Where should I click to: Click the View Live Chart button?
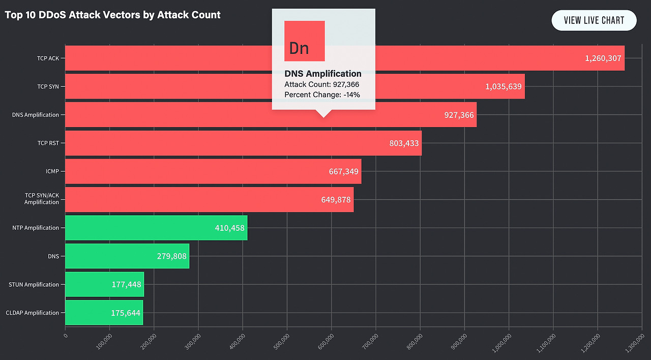[594, 20]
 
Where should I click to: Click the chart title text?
[112, 15]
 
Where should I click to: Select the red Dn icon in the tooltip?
[304, 41]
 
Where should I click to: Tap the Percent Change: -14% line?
[322, 95]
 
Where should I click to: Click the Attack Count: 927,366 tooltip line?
[322, 84]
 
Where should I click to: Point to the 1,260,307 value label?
[603, 58]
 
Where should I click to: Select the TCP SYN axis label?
[48, 86]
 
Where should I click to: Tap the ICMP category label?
[52, 171]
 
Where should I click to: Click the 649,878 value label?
[336, 200]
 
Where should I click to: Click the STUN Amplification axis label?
[34, 285]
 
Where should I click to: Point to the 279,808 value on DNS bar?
[171, 256]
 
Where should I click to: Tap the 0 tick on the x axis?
[65, 336]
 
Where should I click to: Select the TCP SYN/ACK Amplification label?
[42, 199]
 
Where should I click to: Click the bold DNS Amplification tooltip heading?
[323, 74]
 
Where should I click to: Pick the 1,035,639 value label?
[503, 86]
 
